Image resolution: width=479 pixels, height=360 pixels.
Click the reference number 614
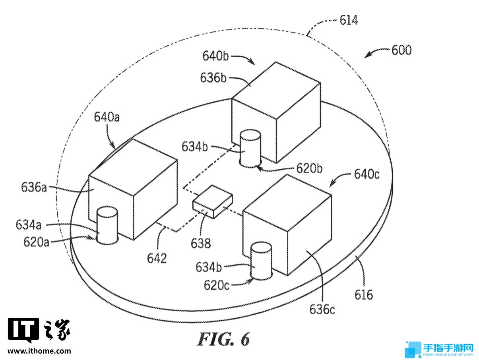(349, 20)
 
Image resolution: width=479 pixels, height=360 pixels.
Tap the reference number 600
(401, 50)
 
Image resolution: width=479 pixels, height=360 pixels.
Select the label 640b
(215, 56)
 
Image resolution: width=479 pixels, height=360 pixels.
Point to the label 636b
(213, 77)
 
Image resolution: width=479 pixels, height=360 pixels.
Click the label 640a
(107, 117)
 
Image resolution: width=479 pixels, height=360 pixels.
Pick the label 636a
(34, 187)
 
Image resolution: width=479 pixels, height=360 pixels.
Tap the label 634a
(28, 225)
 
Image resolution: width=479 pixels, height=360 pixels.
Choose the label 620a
(36, 242)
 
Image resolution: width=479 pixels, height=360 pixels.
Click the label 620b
(309, 168)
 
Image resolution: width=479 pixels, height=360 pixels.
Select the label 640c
(367, 174)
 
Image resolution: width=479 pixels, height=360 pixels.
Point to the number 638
(201, 243)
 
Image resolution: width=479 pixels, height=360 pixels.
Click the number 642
(157, 258)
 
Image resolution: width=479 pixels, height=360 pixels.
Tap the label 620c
(217, 285)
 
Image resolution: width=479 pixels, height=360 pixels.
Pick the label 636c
(322, 309)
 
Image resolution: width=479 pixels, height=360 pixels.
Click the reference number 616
(364, 295)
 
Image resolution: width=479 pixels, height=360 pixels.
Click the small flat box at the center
(212, 201)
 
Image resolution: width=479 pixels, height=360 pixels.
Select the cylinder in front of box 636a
(107, 225)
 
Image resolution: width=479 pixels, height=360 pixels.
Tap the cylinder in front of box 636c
(261, 261)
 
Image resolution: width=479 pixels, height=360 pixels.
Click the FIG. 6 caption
(223, 339)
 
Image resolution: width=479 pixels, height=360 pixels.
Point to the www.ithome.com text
(39, 351)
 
